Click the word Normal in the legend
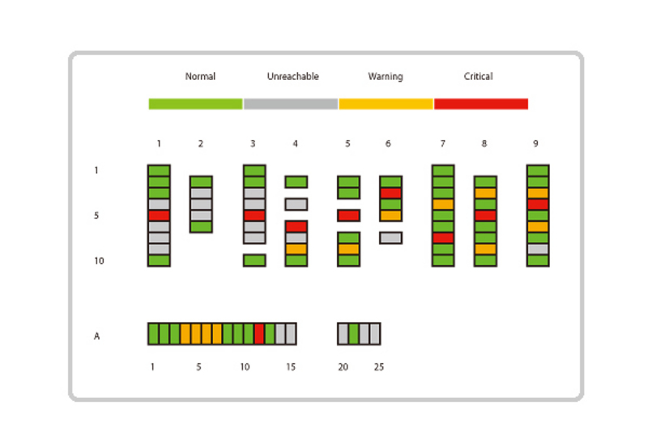click(200, 77)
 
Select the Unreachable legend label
click(292, 77)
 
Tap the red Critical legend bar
click(481, 104)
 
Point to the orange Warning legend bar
click(386, 104)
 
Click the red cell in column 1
click(159, 216)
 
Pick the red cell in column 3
click(254, 216)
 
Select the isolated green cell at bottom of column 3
click(254, 260)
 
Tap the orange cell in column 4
click(296, 249)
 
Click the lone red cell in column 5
click(348, 216)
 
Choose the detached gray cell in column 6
click(390, 238)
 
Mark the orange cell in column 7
click(443, 205)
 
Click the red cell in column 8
click(484, 216)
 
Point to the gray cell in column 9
click(538, 249)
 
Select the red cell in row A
click(259, 333)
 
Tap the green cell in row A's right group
click(354, 333)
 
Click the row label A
click(96, 336)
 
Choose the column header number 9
click(535, 144)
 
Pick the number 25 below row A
click(379, 367)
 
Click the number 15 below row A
click(291, 367)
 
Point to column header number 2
click(201, 144)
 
